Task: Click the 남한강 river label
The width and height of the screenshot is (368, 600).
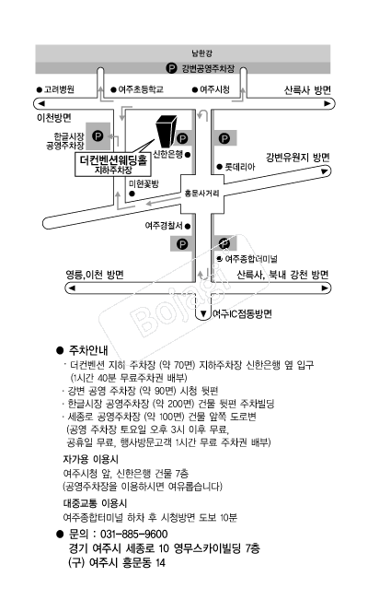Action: coord(201,53)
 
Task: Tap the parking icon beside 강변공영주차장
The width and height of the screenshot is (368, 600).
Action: coord(171,68)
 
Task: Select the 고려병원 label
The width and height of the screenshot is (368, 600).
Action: coord(59,89)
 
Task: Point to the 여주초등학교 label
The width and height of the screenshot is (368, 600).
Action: coord(141,89)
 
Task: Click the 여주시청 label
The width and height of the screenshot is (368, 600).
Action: coord(214,89)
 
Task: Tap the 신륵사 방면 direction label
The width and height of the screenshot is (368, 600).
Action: coord(307,90)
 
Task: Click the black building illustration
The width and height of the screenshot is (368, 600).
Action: coord(167,131)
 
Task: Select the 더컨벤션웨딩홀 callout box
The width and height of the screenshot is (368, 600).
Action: coord(113,165)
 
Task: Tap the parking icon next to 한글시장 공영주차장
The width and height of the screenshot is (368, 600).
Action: coord(98,135)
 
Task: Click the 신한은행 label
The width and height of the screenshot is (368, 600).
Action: coord(167,155)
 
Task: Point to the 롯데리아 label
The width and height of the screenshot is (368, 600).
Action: coord(239,167)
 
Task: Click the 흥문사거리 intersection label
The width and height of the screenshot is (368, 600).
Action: coord(201,194)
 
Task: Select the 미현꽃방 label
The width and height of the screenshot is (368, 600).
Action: coord(144,183)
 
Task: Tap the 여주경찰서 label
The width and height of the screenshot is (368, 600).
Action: coord(164,226)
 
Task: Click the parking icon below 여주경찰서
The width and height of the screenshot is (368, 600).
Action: coord(182,243)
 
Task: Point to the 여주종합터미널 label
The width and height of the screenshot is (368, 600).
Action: coord(251,259)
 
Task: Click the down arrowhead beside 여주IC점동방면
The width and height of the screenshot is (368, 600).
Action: coord(203,313)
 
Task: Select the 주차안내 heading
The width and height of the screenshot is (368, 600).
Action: coord(88,350)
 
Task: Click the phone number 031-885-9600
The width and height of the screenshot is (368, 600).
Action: coord(133,534)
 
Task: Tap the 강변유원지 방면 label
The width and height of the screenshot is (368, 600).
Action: coord(298,158)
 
